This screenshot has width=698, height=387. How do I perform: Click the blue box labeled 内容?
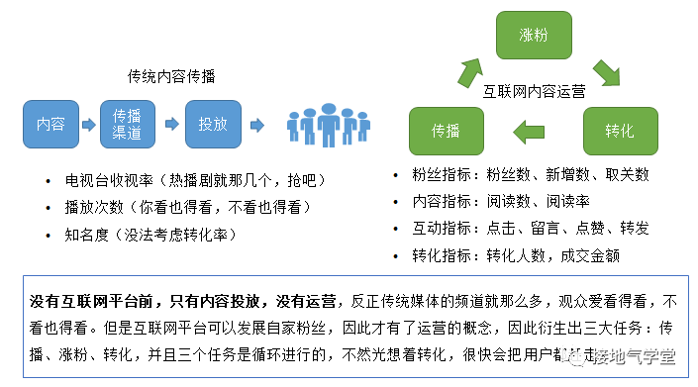[50, 125]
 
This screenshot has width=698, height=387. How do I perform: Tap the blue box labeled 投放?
[214, 125]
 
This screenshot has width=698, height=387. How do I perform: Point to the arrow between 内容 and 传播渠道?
[89, 126]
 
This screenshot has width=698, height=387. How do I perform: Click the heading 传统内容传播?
[172, 76]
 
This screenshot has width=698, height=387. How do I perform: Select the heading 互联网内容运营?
[534, 89]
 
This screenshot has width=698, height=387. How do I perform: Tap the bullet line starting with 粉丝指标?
[531, 175]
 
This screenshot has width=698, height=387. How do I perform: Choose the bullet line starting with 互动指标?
[531, 228]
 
